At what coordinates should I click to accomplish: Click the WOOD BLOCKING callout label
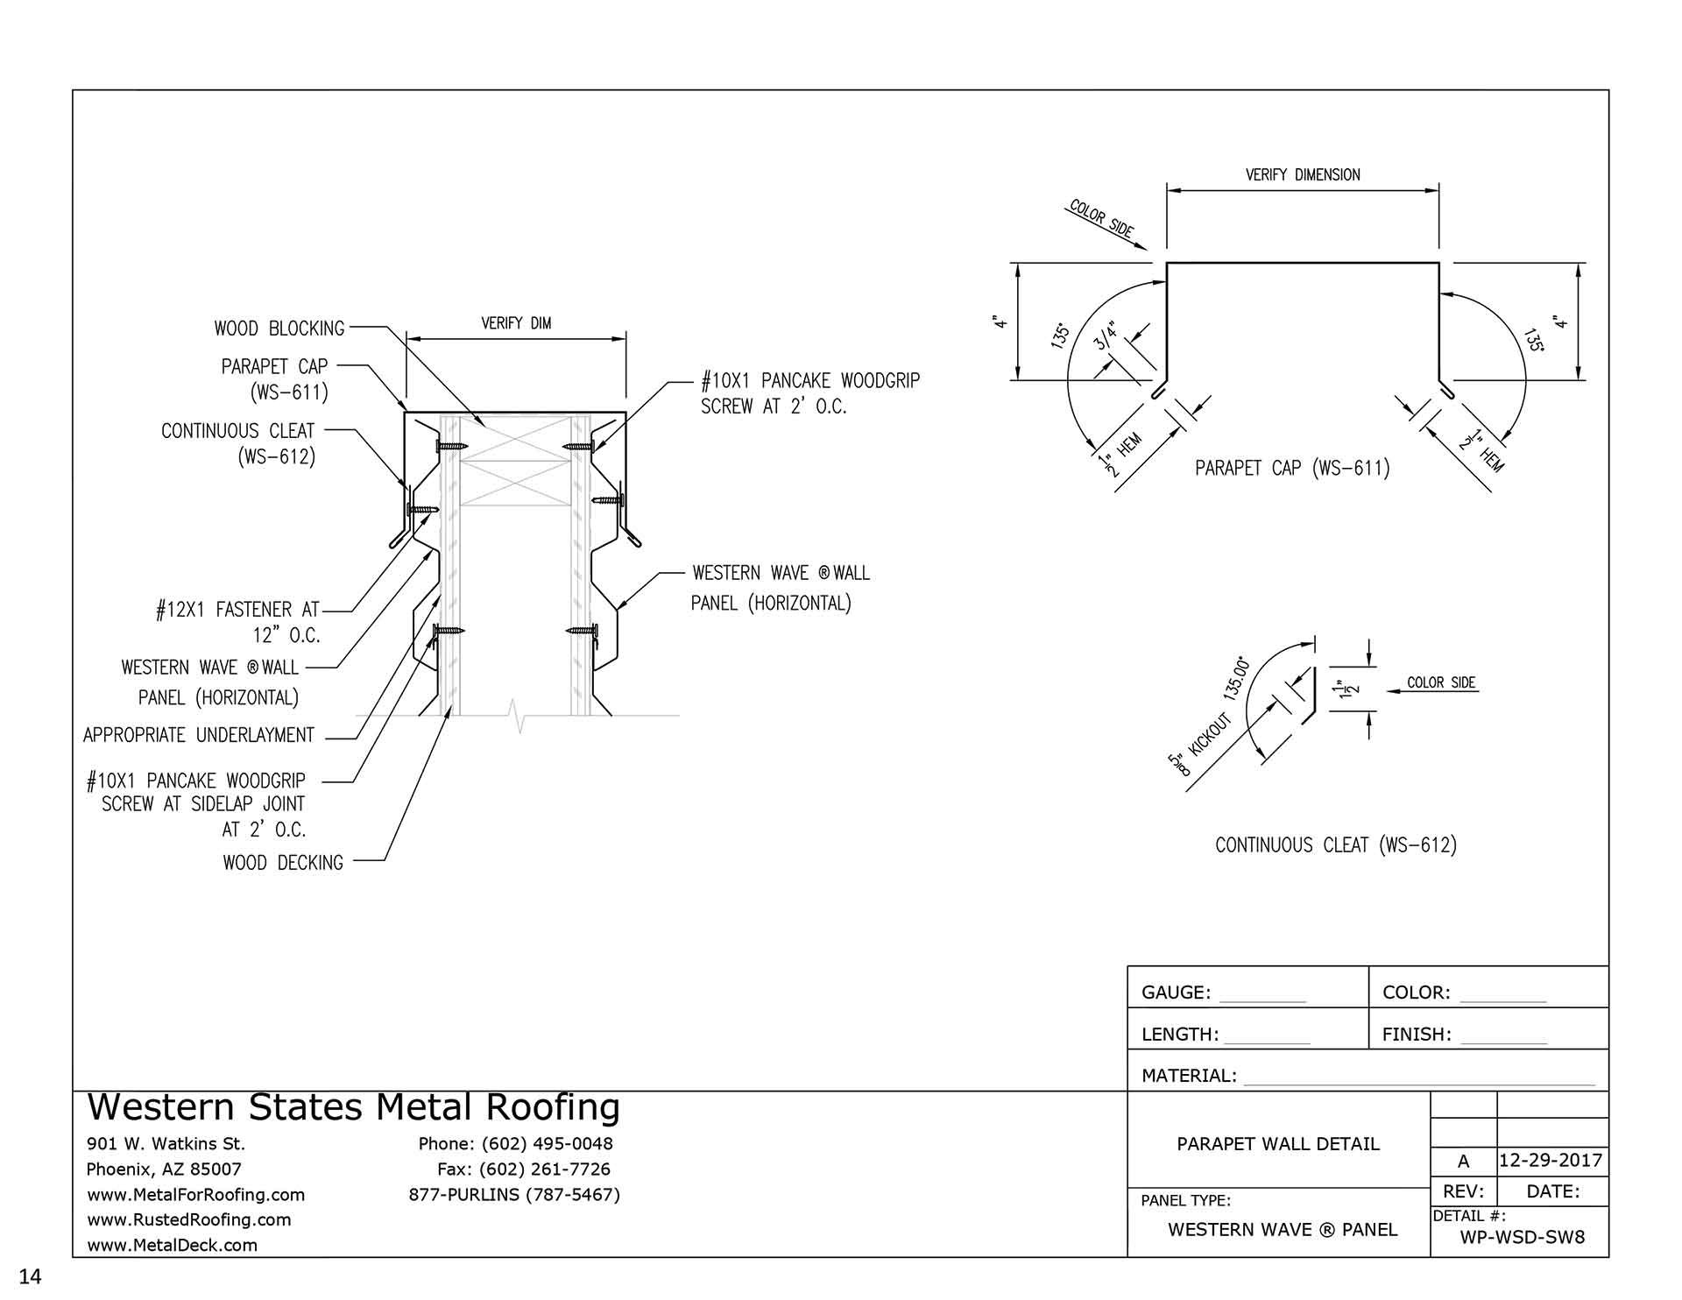pyautogui.click(x=279, y=329)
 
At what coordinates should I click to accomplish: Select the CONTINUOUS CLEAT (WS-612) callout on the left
pyautogui.click(x=237, y=443)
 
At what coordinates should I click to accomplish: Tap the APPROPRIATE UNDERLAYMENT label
pyautogui.click(x=199, y=735)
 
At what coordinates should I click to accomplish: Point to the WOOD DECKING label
pyautogui.click(x=283, y=863)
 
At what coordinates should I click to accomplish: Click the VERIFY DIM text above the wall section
pyautogui.click(x=516, y=323)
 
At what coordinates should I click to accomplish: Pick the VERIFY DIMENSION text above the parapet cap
pyautogui.click(x=1303, y=174)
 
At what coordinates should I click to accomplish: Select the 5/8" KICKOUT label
pyautogui.click(x=1200, y=744)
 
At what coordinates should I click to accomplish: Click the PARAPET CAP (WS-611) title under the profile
pyautogui.click(x=1292, y=468)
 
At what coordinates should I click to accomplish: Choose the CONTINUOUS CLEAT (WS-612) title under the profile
pyautogui.click(x=1335, y=845)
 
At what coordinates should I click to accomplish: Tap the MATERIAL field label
pyautogui.click(x=1189, y=1076)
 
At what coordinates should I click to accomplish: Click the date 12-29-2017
pyautogui.click(x=1551, y=1161)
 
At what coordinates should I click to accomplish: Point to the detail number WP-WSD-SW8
pyautogui.click(x=1522, y=1238)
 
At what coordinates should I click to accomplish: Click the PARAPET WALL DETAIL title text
pyautogui.click(x=1277, y=1144)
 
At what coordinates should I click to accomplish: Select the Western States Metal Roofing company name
pyautogui.click(x=354, y=1107)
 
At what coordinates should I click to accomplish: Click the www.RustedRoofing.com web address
pyautogui.click(x=189, y=1219)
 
